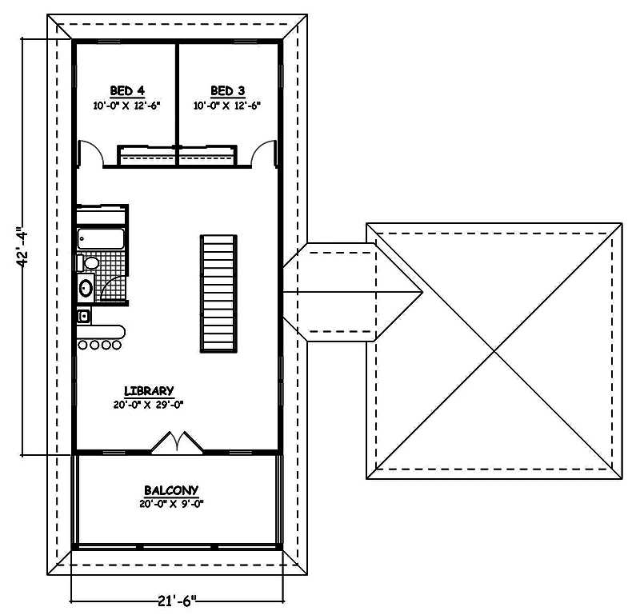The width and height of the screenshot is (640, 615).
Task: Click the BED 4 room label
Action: (126, 90)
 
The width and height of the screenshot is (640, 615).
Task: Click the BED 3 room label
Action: (227, 90)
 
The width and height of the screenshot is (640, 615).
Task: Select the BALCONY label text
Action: (171, 490)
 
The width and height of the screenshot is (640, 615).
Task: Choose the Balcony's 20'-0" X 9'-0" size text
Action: (171, 504)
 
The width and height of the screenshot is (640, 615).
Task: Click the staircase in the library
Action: (218, 293)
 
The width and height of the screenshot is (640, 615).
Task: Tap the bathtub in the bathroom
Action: (101, 238)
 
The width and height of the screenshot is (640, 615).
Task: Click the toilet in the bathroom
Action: (90, 262)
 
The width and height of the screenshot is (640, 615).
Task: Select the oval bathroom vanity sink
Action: (86, 288)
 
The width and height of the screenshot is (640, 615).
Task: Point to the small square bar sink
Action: (83, 316)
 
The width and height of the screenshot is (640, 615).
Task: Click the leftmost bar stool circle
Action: (82, 345)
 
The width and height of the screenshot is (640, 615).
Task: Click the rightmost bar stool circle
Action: (117, 345)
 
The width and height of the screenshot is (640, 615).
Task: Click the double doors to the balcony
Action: (177, 443)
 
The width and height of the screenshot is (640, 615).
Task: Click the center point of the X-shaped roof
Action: (494, 350)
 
